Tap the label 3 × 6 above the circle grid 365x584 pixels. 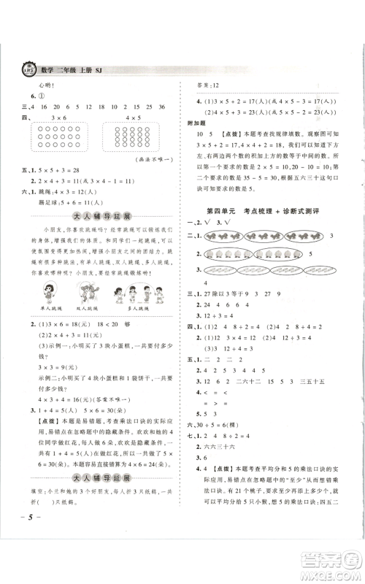click(54, 117)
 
